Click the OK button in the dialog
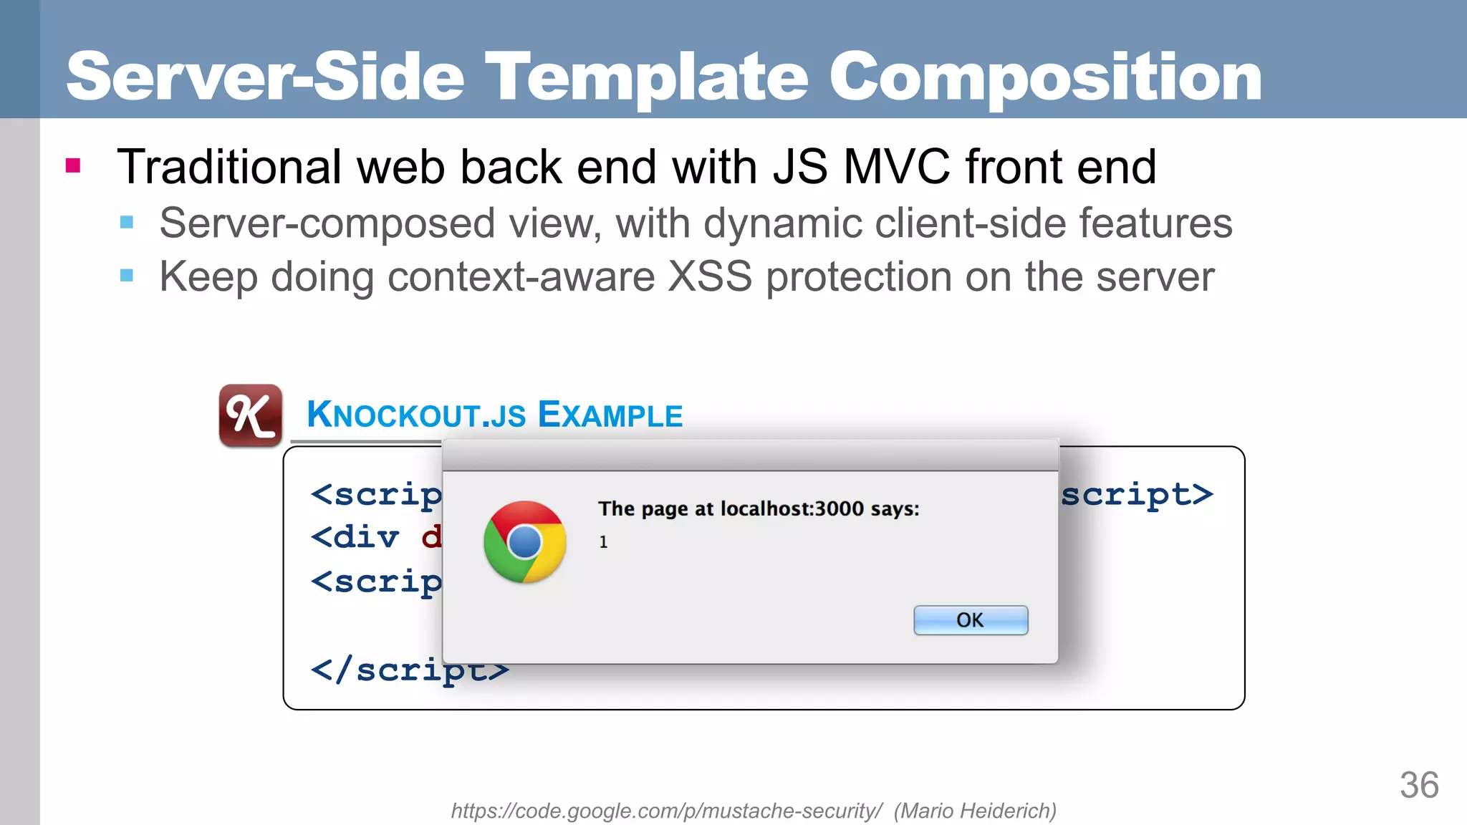point(971,620)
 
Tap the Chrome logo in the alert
point(525,541)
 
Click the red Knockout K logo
point(250,415)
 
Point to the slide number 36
point(1419,786)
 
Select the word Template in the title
point(646,77)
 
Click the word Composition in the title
point(1045,77)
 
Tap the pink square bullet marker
point(73,166)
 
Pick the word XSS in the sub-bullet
point(710,277)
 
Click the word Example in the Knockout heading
point(610,415)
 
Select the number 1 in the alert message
point(603,542)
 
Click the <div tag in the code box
point(355,537)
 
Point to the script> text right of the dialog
point(1137,494)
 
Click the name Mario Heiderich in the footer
point(975,811)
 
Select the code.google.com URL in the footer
point(666,811)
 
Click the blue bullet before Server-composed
point(127,223)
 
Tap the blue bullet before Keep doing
point(127,276)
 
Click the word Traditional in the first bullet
point(229,167)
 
